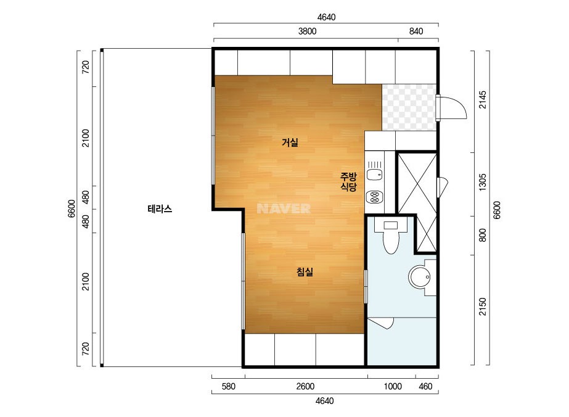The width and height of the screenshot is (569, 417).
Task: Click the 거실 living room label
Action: point(290,142)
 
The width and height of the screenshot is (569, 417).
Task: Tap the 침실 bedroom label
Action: point(305,271)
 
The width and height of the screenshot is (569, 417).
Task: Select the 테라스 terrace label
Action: point(160,209)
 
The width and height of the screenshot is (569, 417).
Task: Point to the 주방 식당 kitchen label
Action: point(348,182)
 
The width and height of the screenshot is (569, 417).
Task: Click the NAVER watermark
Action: point(284,208)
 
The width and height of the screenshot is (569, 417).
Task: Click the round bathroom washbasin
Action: point(420,277)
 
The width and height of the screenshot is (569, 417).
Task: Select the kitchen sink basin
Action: point(374,175)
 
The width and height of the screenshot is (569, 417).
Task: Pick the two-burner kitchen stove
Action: point(374,197)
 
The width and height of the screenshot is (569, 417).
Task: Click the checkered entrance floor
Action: point(409,107)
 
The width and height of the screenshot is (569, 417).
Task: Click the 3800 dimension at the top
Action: point(308,31)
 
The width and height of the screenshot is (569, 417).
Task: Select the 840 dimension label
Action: point(416,31)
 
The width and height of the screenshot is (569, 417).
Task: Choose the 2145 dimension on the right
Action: point(483,99)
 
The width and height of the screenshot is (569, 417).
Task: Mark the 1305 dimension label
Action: point(482,182)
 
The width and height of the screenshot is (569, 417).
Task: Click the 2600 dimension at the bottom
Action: point(305,387)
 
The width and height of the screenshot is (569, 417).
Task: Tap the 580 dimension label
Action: point(228,387)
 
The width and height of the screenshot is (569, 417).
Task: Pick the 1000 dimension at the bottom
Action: point(393,387)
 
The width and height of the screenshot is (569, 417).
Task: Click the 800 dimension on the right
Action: point(482,236)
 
